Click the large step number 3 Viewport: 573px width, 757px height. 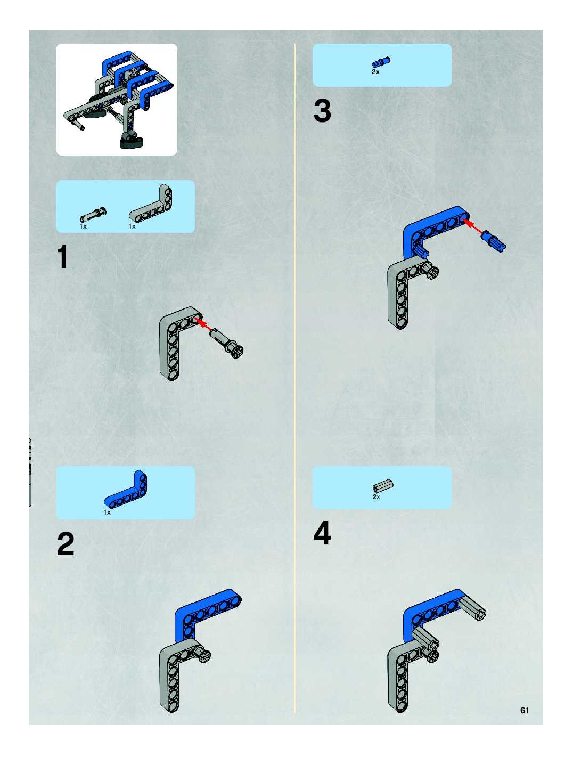322,111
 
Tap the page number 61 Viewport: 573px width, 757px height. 525,710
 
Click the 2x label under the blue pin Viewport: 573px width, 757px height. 375,72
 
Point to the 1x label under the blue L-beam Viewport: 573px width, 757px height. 107,512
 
